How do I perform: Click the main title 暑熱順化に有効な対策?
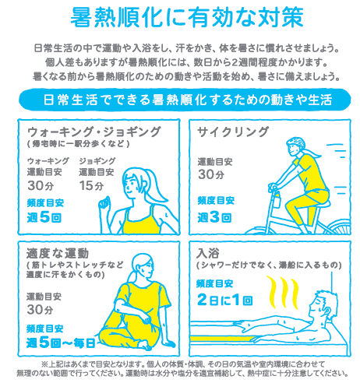point(187,17)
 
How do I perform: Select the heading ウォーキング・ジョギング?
point(94,132)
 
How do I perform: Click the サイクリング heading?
point(233,132)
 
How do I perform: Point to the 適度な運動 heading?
point(58,253)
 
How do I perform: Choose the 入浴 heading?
point(208,253)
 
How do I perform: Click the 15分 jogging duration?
point(91,185)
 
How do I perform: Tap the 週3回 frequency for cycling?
point(214,217)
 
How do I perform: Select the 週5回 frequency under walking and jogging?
point(44,217)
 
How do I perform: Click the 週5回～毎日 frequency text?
point(61,343)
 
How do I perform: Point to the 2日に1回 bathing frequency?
point(224,300)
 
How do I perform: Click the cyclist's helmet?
point(296,142)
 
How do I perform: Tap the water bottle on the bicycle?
point(276,199)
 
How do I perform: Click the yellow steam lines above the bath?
point(283,292)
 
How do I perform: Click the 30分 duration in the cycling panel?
point(211,174)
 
